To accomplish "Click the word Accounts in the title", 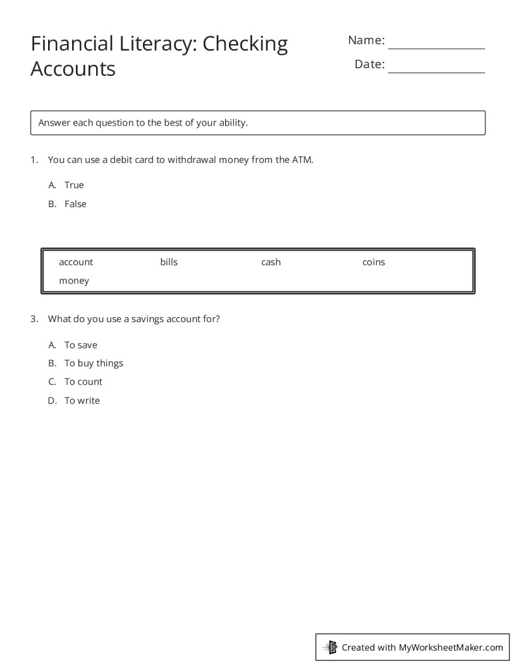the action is coord(73,68).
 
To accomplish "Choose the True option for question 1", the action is coord(74,185).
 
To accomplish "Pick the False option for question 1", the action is coord(75,204).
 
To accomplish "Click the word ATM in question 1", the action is coord(302,160).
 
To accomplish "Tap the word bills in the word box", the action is coord(169,262).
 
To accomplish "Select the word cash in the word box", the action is coord(271,262).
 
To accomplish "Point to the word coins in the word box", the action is coord(374,262).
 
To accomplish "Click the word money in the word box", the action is coord(74,280).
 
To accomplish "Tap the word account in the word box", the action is coord(76,262).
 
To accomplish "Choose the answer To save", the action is coord(81,345).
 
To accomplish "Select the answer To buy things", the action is coord(94,363).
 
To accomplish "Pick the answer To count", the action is coord(83,382).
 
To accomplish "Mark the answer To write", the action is coord(82,400).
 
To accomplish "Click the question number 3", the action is coord(34,319).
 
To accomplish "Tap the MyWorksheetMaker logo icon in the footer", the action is coord(330,647).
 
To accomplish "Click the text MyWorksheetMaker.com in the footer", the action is coord(451,647).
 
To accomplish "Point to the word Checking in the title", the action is coord(245,44).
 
